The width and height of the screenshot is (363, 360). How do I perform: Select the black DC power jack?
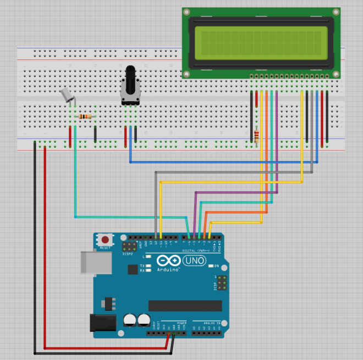pyautogui.click(x=101, y=325)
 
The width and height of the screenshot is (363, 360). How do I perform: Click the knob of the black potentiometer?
pyautogui.click(x=130, y=80)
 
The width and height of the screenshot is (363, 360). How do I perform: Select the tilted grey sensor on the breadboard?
pyautogui.click(x=67, y=96)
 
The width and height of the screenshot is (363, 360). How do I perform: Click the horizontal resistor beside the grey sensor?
pyautogui.click(x=85, y=116)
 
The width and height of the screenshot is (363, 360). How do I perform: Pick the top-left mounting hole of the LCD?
pyautogui.click(x=186, y=12)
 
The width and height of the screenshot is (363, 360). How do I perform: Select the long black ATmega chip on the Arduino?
pyautogui.click(x=185, y=305)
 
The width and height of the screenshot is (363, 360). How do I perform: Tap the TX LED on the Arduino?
pyautogui.click(x=147, y=265)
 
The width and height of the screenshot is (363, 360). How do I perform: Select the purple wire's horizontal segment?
pyautogui.click(x=237, y=192)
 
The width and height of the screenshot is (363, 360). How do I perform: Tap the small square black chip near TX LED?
pyautogui.click(x=133, y=269)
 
